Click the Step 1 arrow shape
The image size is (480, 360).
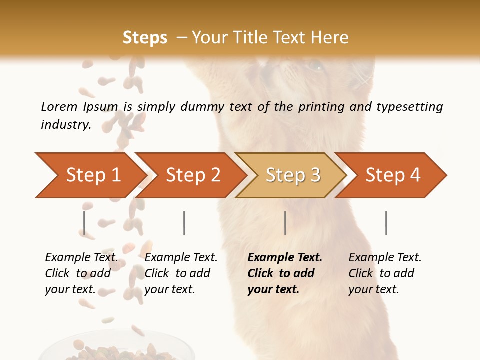coord(90,175)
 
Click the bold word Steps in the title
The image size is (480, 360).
coord(145,38)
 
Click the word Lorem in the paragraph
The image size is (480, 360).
coord(59,107)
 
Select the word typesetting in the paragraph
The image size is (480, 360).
coord(409,107)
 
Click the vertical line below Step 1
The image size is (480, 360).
coord(84,223)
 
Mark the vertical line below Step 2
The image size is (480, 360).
coord(184,223)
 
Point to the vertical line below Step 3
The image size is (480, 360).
coord(285,223)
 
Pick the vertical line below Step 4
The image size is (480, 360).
coord(386,223)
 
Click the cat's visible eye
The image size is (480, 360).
coord(316,65)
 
